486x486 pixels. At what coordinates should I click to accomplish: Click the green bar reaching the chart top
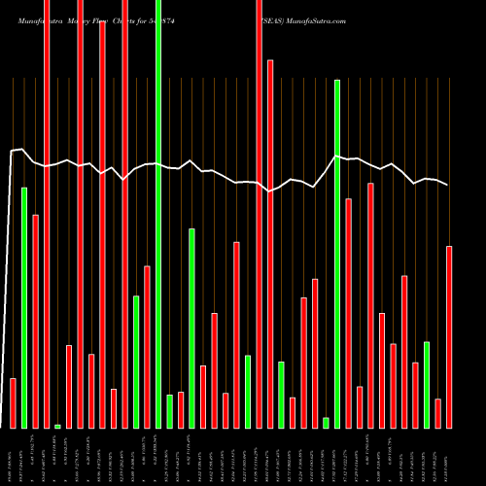point(158,214)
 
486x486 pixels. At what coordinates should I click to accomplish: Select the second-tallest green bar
point(337,253)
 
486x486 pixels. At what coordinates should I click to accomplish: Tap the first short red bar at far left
point(14,402)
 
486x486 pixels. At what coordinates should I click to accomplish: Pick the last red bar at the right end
point(449,336)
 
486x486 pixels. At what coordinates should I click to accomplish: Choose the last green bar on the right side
point(427,384)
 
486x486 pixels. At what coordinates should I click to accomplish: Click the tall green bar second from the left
point(24,306)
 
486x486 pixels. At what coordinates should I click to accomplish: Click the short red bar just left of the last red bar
point(438,413)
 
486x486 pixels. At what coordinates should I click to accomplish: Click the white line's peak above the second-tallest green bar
point(337,156)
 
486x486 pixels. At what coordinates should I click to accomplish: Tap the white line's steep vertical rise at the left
point(10,292)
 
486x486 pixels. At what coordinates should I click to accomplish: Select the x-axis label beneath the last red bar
point(449,457)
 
